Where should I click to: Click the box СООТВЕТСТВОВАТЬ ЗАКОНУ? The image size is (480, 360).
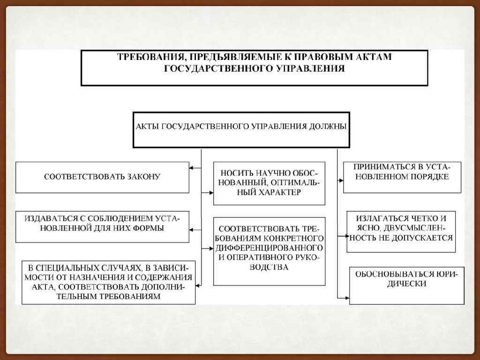102,177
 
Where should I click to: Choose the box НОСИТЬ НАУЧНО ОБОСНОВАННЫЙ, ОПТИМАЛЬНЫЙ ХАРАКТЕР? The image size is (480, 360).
269,183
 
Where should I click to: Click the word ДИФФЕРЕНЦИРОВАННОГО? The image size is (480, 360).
269,247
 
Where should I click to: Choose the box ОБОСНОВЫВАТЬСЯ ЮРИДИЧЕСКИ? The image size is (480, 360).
406,285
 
